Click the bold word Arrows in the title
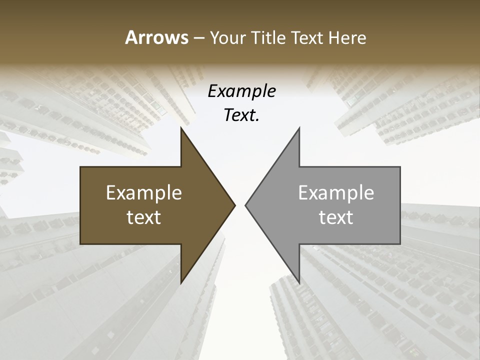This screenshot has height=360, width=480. pyautogui.click(x=156, y=37)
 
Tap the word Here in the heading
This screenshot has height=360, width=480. pyautogui.click(x=347, y=37)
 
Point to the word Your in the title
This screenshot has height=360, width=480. pyautogui.click(x=227, y=38)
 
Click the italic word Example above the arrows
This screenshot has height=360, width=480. pyautogui.click(x=241, y=91)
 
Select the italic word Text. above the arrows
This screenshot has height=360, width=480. pyautogui.click(x=241, y=115)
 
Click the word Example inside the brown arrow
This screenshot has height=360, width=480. pyautogui.click(x=144, y=192)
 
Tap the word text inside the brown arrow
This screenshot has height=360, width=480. pyautogui.click(x=144, y=217)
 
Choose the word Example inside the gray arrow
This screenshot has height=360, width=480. pyautogui.click(x=336, y=192)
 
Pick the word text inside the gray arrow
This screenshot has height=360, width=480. pyautogui.click(x=336, y=217)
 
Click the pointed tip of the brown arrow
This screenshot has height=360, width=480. pyautogui.click(x=235, y=205)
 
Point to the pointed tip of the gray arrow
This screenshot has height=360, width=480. pyautogui.click(x=245, y=205)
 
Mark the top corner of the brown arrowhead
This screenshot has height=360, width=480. pyautogui.click(x=181, y=128)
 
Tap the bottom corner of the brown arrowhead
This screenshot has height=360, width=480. pyautogui.click(x=181, y=283)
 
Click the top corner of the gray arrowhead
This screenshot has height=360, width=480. pyautogui.click(x=299, y=128)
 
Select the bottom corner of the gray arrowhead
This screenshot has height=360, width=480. pyautogui.click(x=299, y=283)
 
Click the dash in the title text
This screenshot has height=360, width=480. pyautogui.click(x=198, y=38)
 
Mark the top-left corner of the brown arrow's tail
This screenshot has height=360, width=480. pyautogui.click(x=80, y=167)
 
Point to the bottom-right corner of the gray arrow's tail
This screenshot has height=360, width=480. pyautogui.click(x=400, y=244)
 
